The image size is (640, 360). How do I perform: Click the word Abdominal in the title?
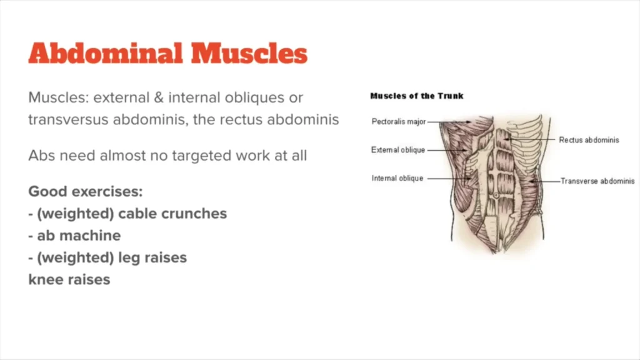coord(105,53)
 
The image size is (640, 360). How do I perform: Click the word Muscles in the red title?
coord(249,53)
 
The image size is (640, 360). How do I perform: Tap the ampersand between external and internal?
coord(159,97)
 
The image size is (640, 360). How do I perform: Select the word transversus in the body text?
coord(68,119)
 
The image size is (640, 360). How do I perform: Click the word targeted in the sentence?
coord(201,156)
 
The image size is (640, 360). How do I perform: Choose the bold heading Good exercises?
coord(86,191)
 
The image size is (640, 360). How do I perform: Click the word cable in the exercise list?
coord(137,214)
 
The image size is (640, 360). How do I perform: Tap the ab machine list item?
coord(75,236)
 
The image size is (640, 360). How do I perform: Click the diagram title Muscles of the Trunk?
coord(417,96)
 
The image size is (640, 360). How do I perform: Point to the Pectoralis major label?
coord(399,122)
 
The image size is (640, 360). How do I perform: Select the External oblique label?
coord(398,150)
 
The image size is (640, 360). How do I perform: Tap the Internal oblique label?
coord(397,178)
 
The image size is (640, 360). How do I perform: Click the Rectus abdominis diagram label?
coord(589,140)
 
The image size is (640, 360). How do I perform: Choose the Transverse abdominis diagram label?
coord(597,181)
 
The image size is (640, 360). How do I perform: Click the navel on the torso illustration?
coord(496,196)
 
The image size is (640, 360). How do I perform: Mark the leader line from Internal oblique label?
coord(448,178)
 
